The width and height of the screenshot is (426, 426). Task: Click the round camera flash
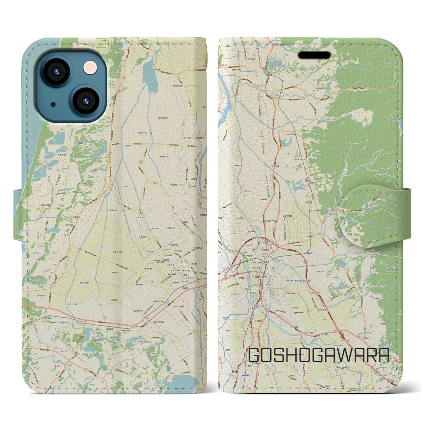tap(90, 68)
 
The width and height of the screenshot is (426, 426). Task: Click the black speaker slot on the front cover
tap(314, 55)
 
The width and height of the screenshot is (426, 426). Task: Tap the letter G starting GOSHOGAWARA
tap(255, 355)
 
